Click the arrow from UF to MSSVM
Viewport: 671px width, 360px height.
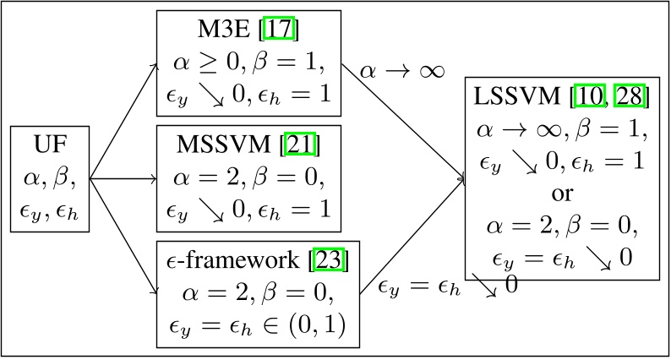(123, 178)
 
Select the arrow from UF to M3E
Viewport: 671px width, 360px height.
(123, 119)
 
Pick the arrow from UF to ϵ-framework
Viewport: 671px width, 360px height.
(123, 237)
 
